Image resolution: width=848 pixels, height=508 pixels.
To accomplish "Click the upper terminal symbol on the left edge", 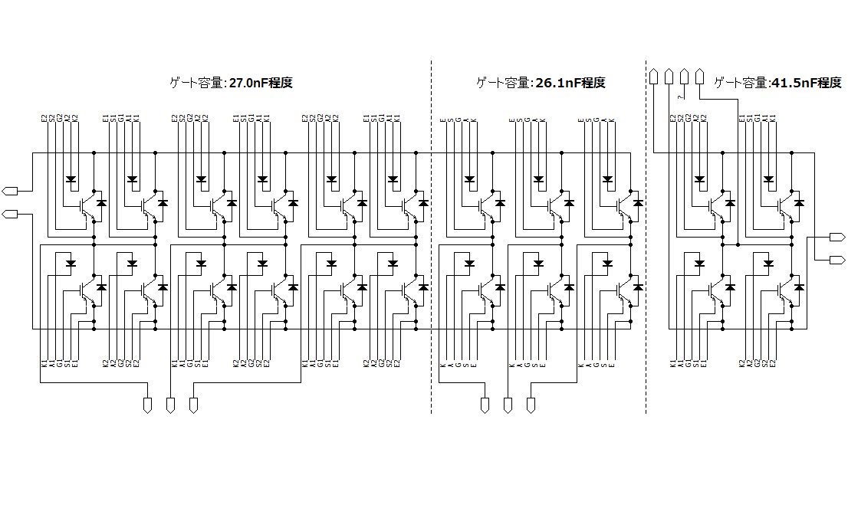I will pos(10,190).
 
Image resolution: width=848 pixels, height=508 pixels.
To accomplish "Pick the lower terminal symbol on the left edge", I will pos(10,213).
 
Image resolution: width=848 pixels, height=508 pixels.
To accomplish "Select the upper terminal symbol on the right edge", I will pos(837,237).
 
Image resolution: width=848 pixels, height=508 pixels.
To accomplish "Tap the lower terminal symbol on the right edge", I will pos(837,261).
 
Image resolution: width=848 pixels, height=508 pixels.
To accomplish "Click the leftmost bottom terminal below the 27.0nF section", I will pos(147,405).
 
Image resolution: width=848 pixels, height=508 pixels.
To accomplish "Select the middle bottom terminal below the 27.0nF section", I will pos(170,405).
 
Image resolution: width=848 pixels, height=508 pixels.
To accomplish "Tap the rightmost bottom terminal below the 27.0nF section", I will pos(193,405).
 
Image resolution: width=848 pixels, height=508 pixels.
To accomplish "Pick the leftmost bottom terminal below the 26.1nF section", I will pos(485,405).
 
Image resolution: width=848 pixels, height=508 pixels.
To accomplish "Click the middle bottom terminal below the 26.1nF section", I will pos(508,405).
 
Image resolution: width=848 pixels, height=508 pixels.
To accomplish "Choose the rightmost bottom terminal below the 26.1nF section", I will pos(531,405).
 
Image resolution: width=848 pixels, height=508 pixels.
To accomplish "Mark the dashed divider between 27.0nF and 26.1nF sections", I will pos(431,230).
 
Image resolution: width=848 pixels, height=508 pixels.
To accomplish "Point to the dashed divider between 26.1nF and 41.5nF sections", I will pos(646,230).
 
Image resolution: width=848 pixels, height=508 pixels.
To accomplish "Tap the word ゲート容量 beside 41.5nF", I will pos(739,83).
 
